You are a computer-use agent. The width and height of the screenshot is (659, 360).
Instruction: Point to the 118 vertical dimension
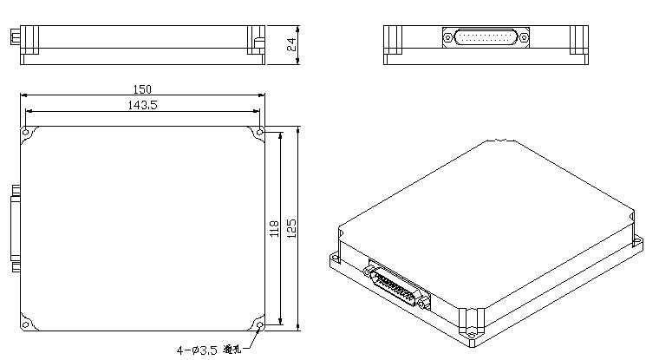[x=275, y=229]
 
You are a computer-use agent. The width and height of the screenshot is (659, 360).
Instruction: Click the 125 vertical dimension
[x=292, y=228]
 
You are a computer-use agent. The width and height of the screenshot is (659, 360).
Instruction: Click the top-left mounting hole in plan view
[x=27, y=133]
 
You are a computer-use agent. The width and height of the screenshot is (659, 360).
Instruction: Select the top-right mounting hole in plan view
[x=260, y=133]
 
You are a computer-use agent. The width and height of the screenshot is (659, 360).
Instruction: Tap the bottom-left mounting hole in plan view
[x=27, y=325]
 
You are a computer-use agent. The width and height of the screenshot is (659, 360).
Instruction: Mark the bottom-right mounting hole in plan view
[x=260, y=325]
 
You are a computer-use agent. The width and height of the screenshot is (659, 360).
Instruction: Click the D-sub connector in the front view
[x=486, y=37]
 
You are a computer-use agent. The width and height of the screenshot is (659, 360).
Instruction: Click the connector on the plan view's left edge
[x=15, y=227]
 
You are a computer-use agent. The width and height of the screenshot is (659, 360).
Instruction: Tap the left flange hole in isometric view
[x=333, y=258]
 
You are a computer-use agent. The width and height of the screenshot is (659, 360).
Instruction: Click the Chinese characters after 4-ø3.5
[x=231, y=350]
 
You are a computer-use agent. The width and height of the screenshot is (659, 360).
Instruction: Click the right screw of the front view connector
[x=523, y=37]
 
